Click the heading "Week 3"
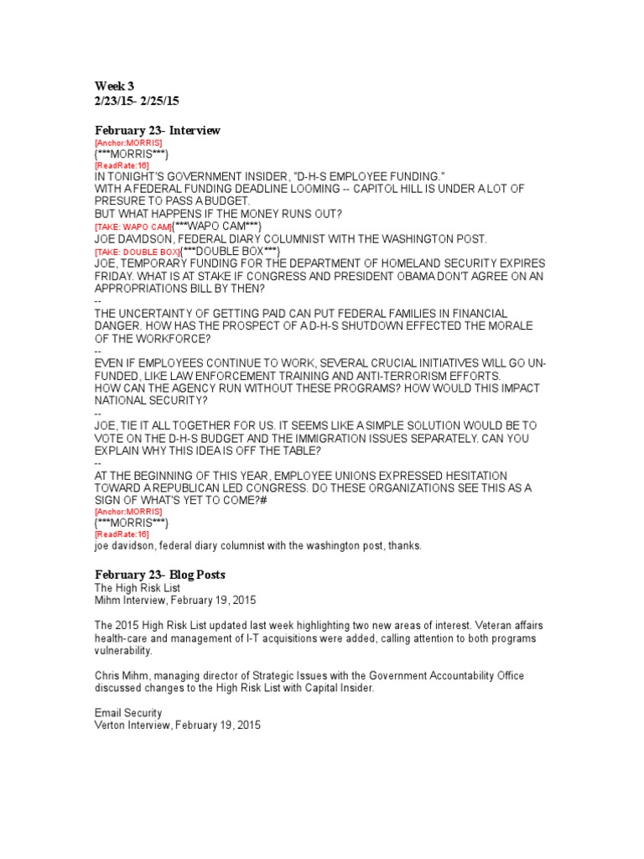pyautogui.click(x=114, y=86)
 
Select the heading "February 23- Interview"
pyautogui.click(x=158, y=130)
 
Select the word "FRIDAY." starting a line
pyautogui.click(x=117, y=276)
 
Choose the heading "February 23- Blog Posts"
pyautogui.click(x=159, y=575)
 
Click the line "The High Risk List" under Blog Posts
pyautogui.click(x=134, y=588)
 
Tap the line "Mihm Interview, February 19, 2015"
pyautogui.click(x=175, y=601)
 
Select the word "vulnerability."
pyautogui.click(x=124, y=650)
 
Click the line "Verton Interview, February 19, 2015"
pyautogui.click(x=178, y=725)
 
